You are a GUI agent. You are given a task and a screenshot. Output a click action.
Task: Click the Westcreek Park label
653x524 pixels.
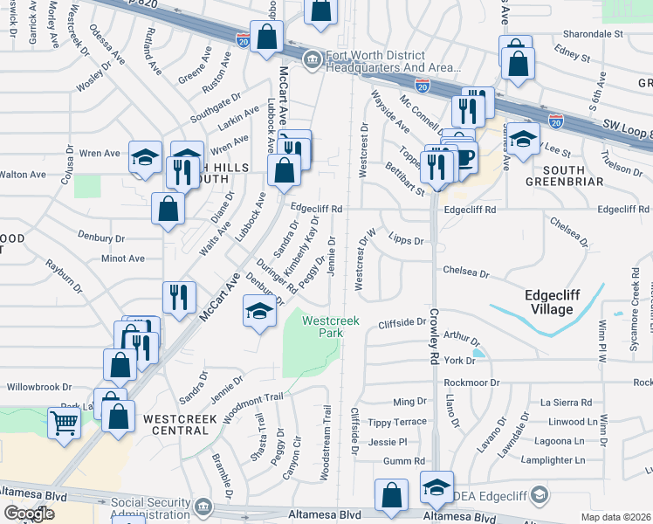[331, 327]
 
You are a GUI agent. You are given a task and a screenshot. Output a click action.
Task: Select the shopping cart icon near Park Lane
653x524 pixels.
[65, 423]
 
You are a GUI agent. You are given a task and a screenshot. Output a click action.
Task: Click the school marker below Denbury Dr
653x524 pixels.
[258, 313]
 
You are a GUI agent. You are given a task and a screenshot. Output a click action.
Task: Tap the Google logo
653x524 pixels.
[29, 514]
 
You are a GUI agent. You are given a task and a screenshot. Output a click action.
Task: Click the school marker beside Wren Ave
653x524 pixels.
[146, 158]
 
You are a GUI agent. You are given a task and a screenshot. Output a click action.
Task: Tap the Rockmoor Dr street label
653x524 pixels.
[471, 383]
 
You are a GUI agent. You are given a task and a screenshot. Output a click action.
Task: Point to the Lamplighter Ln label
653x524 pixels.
[553, 460]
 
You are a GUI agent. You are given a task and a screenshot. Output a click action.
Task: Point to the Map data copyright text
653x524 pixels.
[616, 516]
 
